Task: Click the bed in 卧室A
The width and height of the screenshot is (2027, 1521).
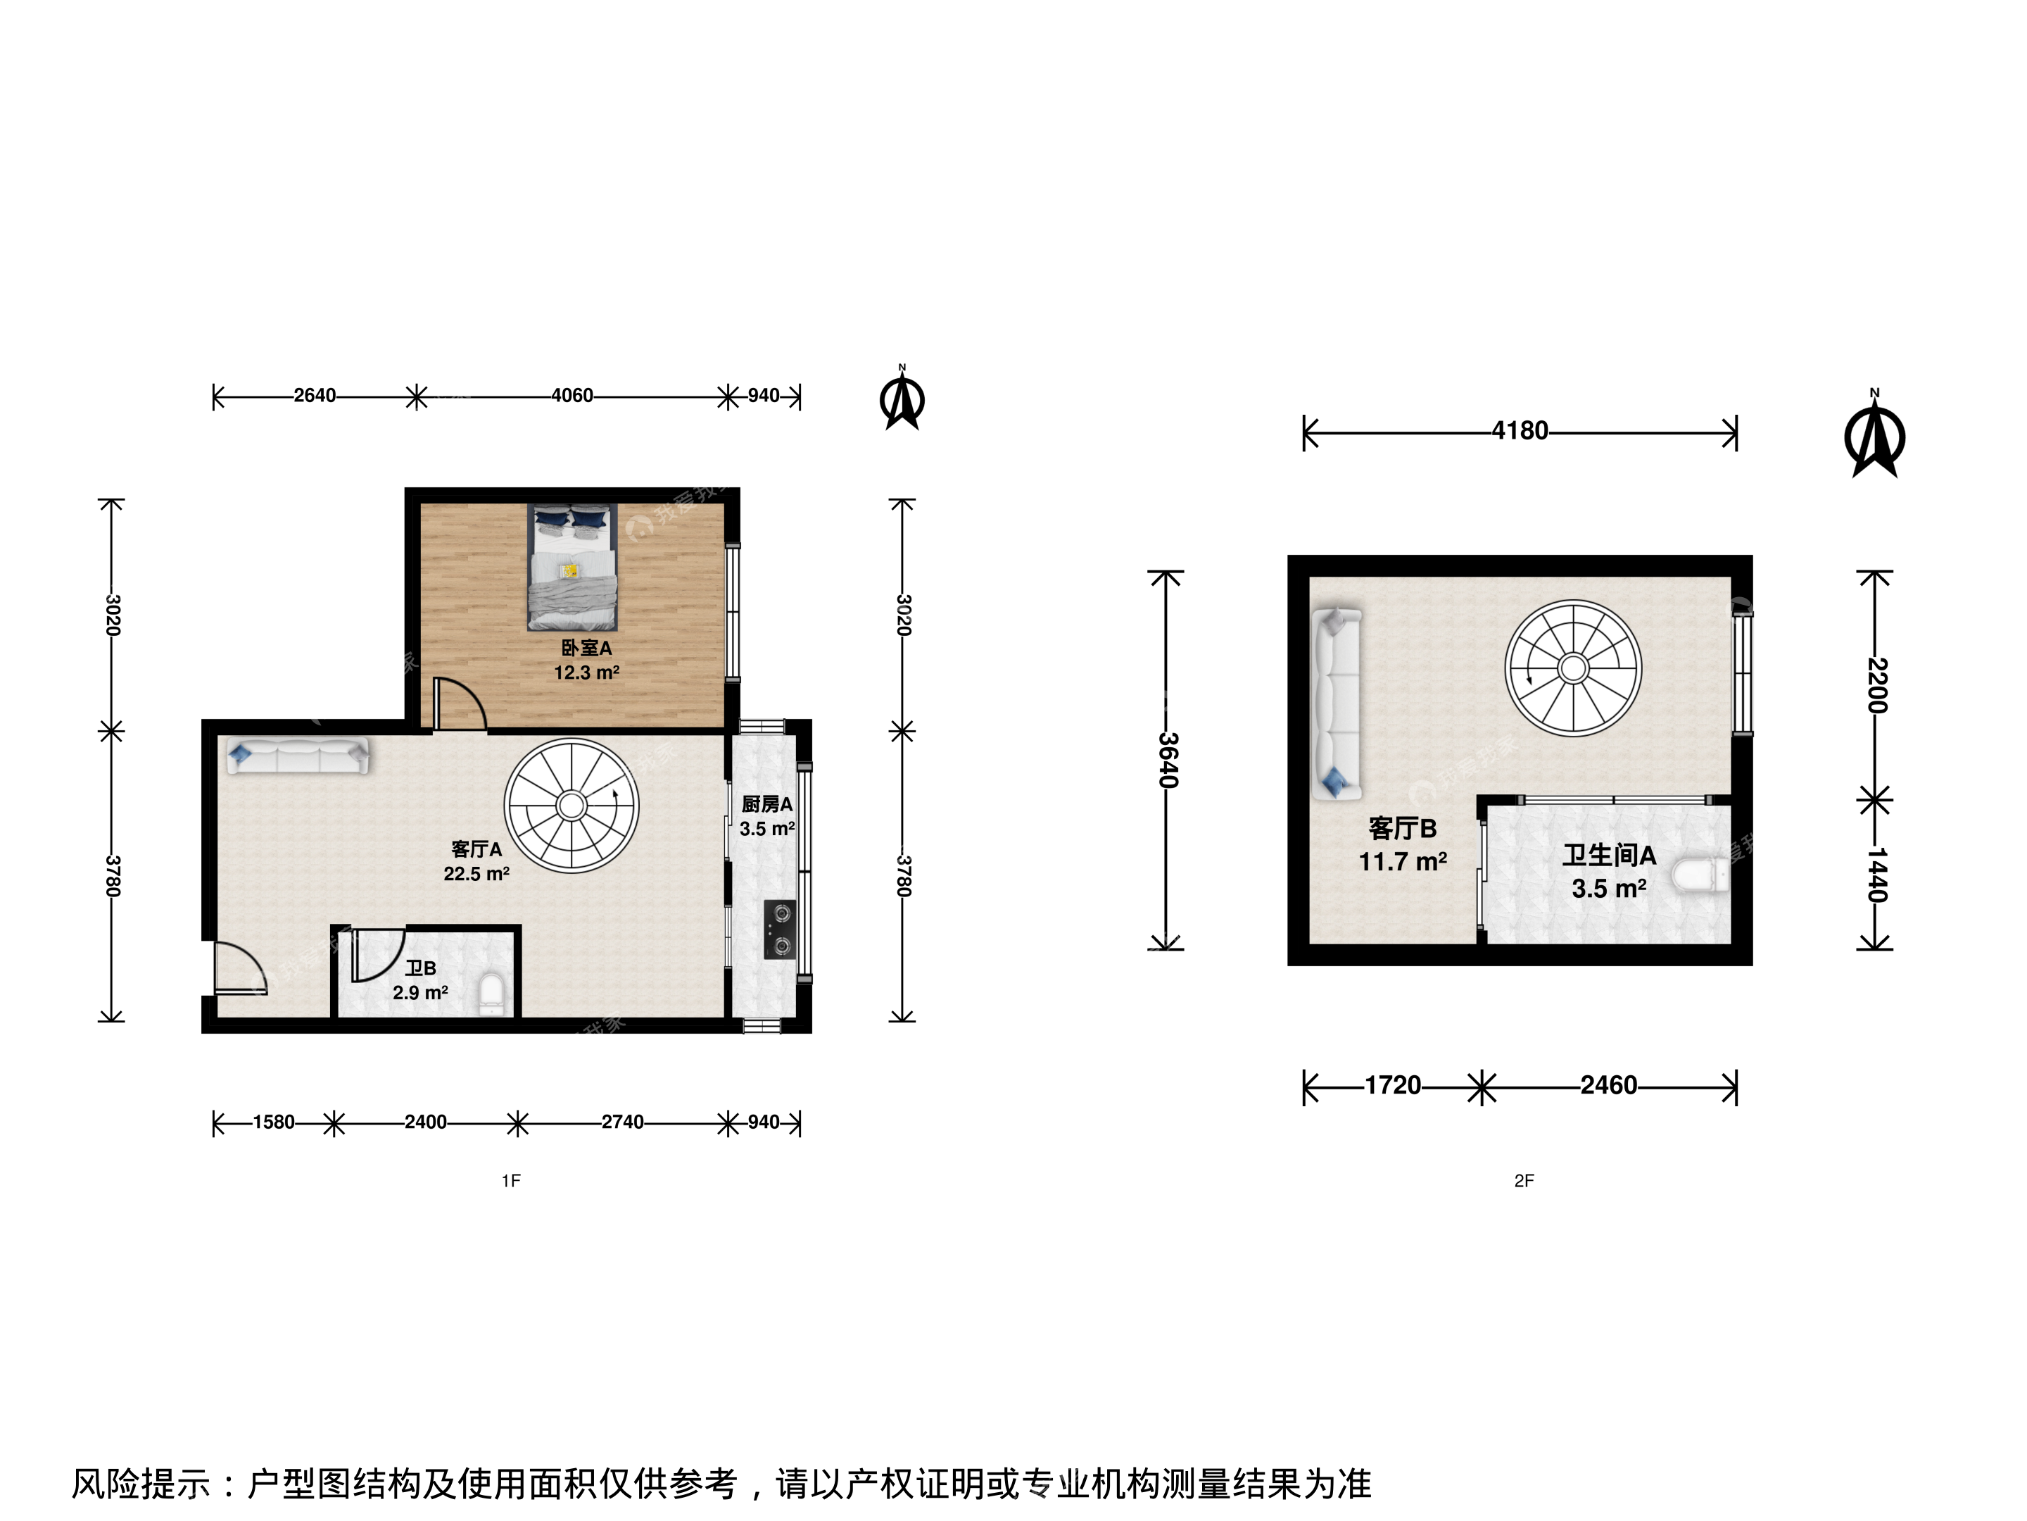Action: (573, 567)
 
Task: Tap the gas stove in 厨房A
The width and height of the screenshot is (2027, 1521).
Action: (780, 930)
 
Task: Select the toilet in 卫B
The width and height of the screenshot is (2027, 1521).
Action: (492, 995)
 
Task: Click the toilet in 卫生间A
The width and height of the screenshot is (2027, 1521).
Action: (1700, 874)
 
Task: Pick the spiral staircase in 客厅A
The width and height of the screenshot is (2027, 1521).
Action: (572, 806)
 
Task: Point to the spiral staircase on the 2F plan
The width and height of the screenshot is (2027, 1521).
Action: (1574, 668)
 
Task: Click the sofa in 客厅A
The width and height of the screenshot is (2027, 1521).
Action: (298, 756)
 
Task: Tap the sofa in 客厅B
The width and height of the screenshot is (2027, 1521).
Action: (1337, 703)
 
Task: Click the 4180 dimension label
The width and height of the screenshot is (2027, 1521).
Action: (1520, 431)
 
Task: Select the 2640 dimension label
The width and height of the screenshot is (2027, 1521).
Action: (315, 395)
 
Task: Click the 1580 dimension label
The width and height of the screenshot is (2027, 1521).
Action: (273, 1122)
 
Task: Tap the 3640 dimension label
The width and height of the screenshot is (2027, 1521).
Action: (1166, 760)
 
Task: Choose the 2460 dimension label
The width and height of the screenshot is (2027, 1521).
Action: (1608, 1086)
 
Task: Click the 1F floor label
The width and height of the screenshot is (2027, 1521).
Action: (510, 1181)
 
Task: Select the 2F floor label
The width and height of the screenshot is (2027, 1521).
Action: (1523, 1181)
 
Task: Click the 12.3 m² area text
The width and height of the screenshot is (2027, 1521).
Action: (586, 672)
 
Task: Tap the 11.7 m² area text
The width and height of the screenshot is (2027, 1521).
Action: (1402, 862)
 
